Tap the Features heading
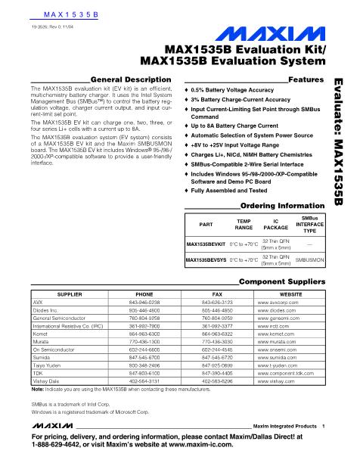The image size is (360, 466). (307, 79)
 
